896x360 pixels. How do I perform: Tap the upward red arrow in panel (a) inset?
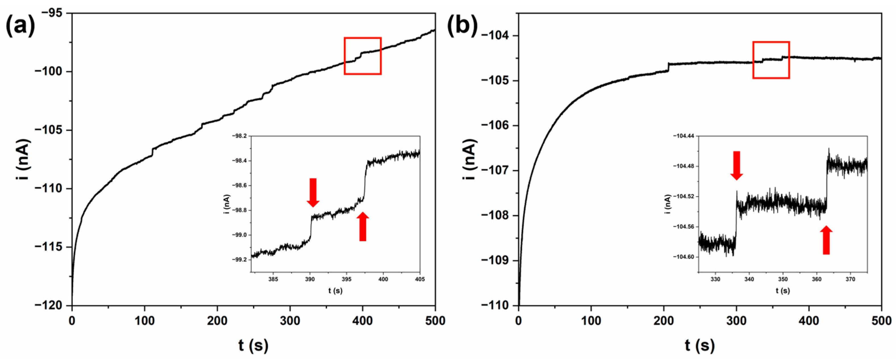coord(363,226)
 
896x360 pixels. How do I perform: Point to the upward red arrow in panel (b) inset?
coord(826,240)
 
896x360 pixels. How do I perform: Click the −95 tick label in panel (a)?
coord(55,13)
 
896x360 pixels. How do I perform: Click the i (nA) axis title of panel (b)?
coord(470,159)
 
